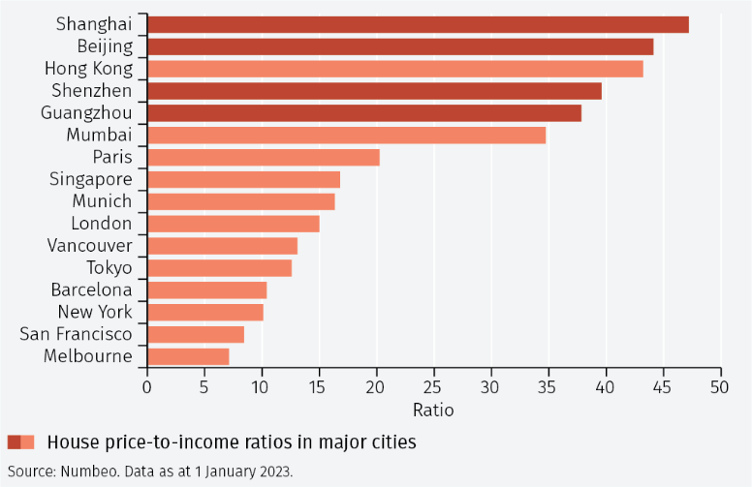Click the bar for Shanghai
[417, 24]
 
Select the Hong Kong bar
[394, 69]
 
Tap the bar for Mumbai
[346, 135]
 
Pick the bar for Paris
[263, 157]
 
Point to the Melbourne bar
[188, 356]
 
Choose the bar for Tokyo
[219, 268]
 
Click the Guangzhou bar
[363, 112]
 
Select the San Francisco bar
[195, 334]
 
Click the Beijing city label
[105, 46]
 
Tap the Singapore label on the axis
[90, 179]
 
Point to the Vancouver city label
[89, 245]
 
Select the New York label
[95, 312]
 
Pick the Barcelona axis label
[91, 289]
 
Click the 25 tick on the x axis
[434, 387]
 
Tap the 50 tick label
[721, 387]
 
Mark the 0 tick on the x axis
[147, 387]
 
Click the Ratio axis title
[433, 410]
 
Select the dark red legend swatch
[14, 442]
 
